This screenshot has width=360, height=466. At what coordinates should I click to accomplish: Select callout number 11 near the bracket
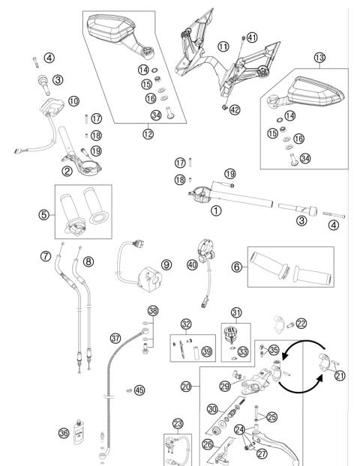(223, 46)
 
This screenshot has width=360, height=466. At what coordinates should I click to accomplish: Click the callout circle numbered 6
(235, 266)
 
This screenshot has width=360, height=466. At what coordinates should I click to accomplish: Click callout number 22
(301, 323)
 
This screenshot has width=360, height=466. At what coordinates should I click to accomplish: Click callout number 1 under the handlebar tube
(216, 211)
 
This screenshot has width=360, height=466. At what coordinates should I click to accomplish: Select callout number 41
(252, 37)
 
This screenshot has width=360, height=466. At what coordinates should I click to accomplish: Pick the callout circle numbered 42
(235, 109)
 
